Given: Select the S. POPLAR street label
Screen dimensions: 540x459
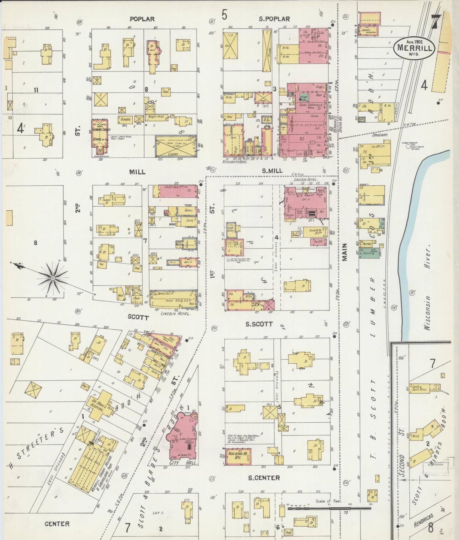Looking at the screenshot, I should tap(274, 19).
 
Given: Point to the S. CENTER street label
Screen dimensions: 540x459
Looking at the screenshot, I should tap(264, 478).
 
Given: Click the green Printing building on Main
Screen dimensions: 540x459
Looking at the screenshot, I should tap(369, 253).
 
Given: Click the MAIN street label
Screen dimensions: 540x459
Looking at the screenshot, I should tap(344, 252).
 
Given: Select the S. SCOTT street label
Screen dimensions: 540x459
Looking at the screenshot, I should tap(259, 324).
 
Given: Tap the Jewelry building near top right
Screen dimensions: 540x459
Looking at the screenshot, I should tap(369, 30).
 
